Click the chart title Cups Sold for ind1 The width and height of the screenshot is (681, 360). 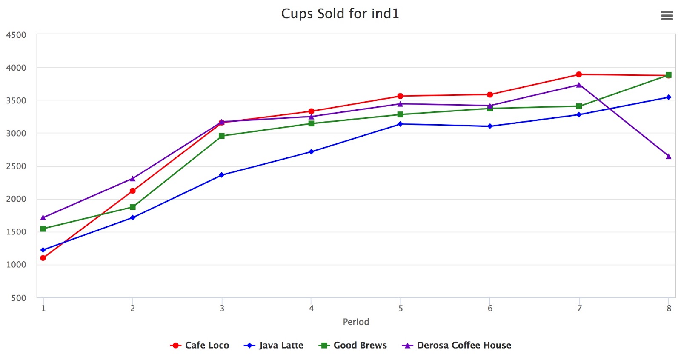(340, 14)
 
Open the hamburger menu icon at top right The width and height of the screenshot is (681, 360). (667, 16)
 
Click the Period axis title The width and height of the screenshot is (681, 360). (356, 322)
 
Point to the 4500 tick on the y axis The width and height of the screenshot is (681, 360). (16, 35)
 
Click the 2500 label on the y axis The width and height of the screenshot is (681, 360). (16, 166)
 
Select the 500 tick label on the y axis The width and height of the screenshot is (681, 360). (19, 298)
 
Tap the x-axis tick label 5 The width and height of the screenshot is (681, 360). (401, 308)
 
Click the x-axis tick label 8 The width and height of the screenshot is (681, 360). (669, 308)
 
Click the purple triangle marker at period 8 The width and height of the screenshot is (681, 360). (668, 157)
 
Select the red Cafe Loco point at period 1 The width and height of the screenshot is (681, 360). (43, 258)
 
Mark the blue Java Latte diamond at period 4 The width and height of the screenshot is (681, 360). (311, 151)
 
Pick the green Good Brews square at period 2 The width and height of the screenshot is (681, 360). (133, 207)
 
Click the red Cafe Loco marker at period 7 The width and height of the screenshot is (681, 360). (579, 74)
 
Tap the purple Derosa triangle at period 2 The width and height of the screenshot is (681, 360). (133, 179)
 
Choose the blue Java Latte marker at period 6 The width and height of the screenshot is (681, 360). (490, 126)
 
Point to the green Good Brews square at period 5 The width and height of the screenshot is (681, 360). (400, 114)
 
